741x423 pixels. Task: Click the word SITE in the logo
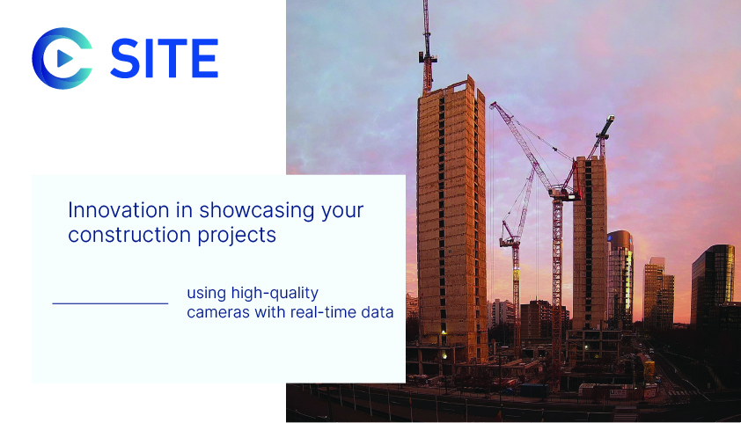click(x=164, y=59)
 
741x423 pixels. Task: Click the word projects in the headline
click(x=236, y=236)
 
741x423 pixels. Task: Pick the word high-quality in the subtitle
click(x=275, y=294)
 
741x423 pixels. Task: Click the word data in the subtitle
click(x=377, y=312)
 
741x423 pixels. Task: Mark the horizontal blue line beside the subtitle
click(x=110, y=303)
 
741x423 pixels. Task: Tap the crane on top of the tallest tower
click(x=427, y=47)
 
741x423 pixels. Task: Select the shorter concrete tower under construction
click(x=590, y=243)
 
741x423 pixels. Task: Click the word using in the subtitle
click(x=206, y=294)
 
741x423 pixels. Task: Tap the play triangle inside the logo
click(x=64, y=59)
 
